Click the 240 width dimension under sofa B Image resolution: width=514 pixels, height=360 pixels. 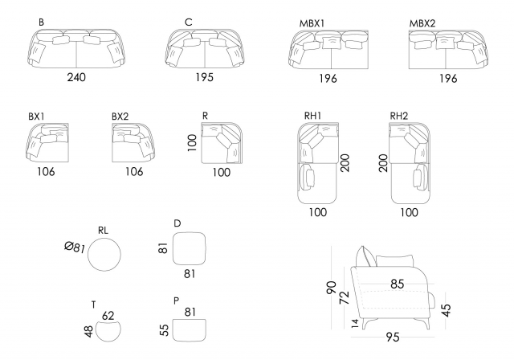(76, 78)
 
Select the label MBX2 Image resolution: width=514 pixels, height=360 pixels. (422, 22)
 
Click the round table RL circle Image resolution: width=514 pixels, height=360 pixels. (104, 255)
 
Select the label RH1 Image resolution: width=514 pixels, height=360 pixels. (313, 117)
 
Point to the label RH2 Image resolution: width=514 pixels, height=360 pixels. (399, 117)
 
